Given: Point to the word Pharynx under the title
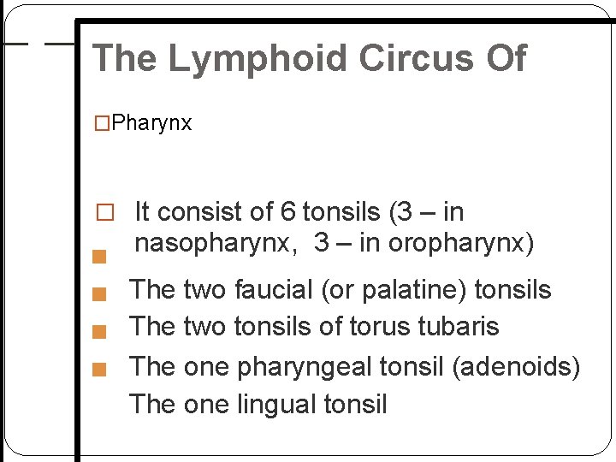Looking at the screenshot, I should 151,123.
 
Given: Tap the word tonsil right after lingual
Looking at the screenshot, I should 354,403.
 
